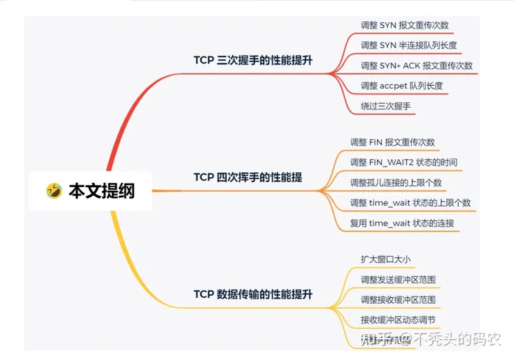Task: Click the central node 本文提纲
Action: (101, 191)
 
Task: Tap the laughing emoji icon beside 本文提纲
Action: (54, 191)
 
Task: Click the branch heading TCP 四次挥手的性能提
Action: (247, 177)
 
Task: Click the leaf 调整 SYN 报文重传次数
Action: (405, 25)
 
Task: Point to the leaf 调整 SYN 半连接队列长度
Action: (408, 45)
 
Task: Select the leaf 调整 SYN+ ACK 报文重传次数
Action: (417, 66)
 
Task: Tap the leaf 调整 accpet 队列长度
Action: (402, 86)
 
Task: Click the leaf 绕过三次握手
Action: (385, 106)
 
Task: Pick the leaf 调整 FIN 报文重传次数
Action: (392, 142)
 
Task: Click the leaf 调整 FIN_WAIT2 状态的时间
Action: (403, 162)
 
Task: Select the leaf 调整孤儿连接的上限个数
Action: (395, 182)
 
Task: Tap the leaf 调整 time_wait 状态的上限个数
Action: (410, 203)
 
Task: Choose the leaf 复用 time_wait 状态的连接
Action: (402, 223)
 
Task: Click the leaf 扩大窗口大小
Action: (385, 259)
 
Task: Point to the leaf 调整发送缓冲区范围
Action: (398, 279)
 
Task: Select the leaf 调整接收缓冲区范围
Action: (398, 299)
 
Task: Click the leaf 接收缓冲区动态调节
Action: (398, 319)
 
